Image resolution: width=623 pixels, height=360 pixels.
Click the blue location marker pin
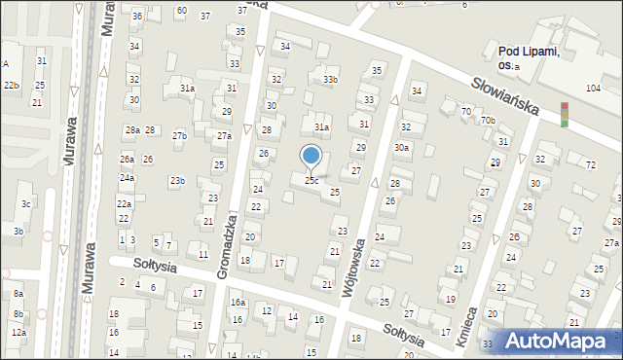pyautogui.click(x=311, y=156)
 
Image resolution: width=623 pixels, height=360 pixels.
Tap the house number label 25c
pyautogui.click(x=311, y=181)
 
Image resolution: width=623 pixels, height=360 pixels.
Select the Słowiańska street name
pyautogui.click(x=505, y=94)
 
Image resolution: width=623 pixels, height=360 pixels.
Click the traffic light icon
pyautogui.click(x=564, y=114)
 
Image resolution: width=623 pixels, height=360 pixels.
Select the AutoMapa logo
pyautogui.click(x=559, y=341)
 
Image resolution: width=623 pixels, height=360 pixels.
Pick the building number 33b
pyautogui.click(x=331, y=80)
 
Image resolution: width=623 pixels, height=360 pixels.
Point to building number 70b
pyautogui.click(x=488, y=121)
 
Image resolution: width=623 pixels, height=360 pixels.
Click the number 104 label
pyautogui.click(x=593, y=89)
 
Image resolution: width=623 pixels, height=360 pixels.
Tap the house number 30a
pyautogui.click(x=401, y=148)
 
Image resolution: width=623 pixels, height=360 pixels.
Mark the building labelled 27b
pyautogui.click(x=180, y=136)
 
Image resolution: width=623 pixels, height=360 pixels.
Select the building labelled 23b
pyautogui.click(x=177, y=181)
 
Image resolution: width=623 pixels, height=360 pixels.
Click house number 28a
pyautogui.click(x=132, y=130)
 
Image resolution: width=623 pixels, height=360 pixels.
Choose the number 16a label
pyautogui.click(x=238, y=303)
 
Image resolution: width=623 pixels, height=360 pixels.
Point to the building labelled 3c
pyautogui.click(x=26, y=204)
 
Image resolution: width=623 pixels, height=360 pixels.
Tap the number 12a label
pyautogui.click(x=18, y=333)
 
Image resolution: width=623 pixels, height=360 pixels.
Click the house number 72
pyautogui.click(x=591, y=165)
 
